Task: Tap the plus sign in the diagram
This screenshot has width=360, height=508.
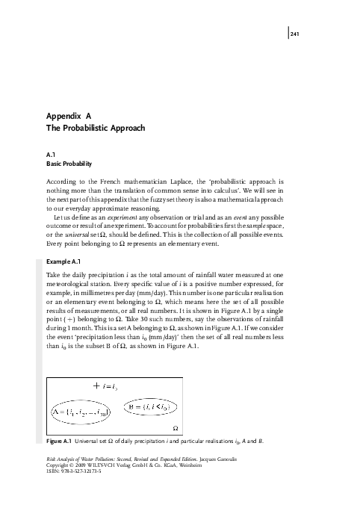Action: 97,385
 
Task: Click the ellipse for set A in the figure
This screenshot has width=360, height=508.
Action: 81,412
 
